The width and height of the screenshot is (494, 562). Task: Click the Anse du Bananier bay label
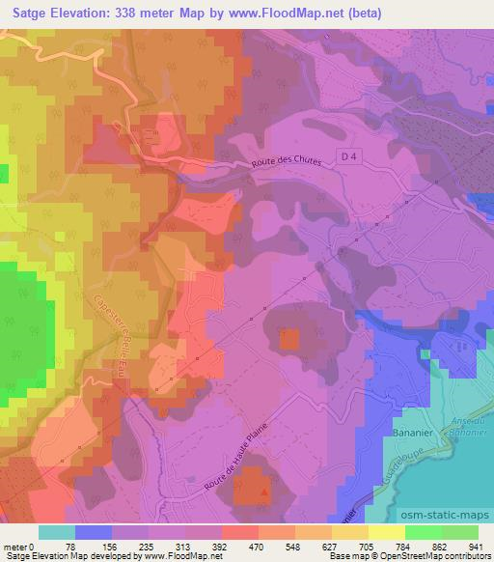pyautogui.click(x=467, y=425)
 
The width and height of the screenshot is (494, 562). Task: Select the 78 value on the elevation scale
pyautogui.click(x=75, y=546)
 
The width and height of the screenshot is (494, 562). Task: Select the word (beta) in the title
pyautogui.click(x=359, y=14)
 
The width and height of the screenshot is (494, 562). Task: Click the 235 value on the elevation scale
pyautogui.click(x=149, y=546)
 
